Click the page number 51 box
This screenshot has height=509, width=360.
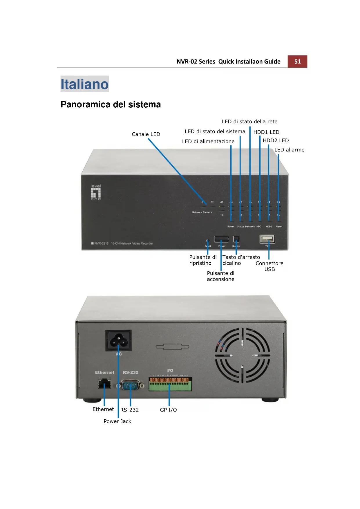coord(297,62)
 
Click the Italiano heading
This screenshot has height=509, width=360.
coord(84,84)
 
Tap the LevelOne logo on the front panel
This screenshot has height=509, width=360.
coord(96,192)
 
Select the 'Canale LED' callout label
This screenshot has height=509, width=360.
coord(146,134)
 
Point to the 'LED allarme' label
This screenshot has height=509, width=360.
coord(289,150)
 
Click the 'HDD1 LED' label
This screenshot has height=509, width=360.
coord(266,132)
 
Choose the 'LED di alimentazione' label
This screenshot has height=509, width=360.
coord(208,141)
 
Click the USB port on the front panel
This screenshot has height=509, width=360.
coord(267,239)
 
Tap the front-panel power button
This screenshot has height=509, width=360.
coord(221,239)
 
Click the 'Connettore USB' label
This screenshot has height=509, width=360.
coord(269,266)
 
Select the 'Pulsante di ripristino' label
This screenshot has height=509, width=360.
coord(202,260)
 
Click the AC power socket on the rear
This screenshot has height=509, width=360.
coord(118,341)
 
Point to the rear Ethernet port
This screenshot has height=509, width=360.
coord(104,384)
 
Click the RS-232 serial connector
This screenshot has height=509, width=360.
coord(130,386)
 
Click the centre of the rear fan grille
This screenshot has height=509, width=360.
coord(243,355)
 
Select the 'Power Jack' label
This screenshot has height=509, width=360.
coord(117,421)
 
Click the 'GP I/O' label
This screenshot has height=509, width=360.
coord(168,410)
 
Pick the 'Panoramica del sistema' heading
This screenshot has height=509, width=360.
coord(111,104)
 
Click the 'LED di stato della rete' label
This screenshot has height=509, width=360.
coord(249,122)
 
